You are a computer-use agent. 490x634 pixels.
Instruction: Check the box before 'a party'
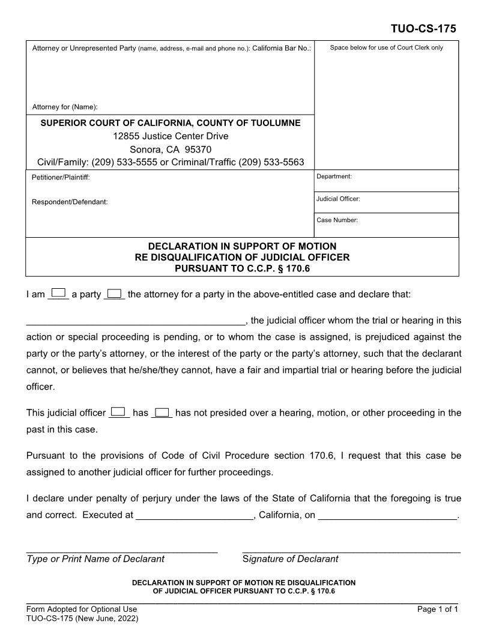(x=58, y=293)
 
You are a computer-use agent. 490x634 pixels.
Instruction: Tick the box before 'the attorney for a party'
(x=114, y=293)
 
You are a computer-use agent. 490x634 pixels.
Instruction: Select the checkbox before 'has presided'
(x=119, y=411)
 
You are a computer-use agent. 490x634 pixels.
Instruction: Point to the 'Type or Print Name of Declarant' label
(x=95, y=559)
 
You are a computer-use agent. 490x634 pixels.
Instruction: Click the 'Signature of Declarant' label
(x=290, y=559)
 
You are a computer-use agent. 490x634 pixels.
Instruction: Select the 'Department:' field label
(x=334, y=177)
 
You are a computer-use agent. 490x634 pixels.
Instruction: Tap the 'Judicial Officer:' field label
(x=338, y=199)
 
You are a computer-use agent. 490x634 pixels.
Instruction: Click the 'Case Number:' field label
(x=337, y=220)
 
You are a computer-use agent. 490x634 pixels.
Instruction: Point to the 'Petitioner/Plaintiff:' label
(x=61, y=177)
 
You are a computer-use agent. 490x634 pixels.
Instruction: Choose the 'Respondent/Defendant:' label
(x=70, y=202)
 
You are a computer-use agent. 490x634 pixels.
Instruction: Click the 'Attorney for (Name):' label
(x=65, y=107)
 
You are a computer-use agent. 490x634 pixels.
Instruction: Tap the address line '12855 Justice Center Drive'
(x=171, y=136)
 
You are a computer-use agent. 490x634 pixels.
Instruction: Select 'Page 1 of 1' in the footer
(x=438, y=609)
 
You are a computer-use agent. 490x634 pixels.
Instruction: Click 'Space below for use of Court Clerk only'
(x=387, y=48)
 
